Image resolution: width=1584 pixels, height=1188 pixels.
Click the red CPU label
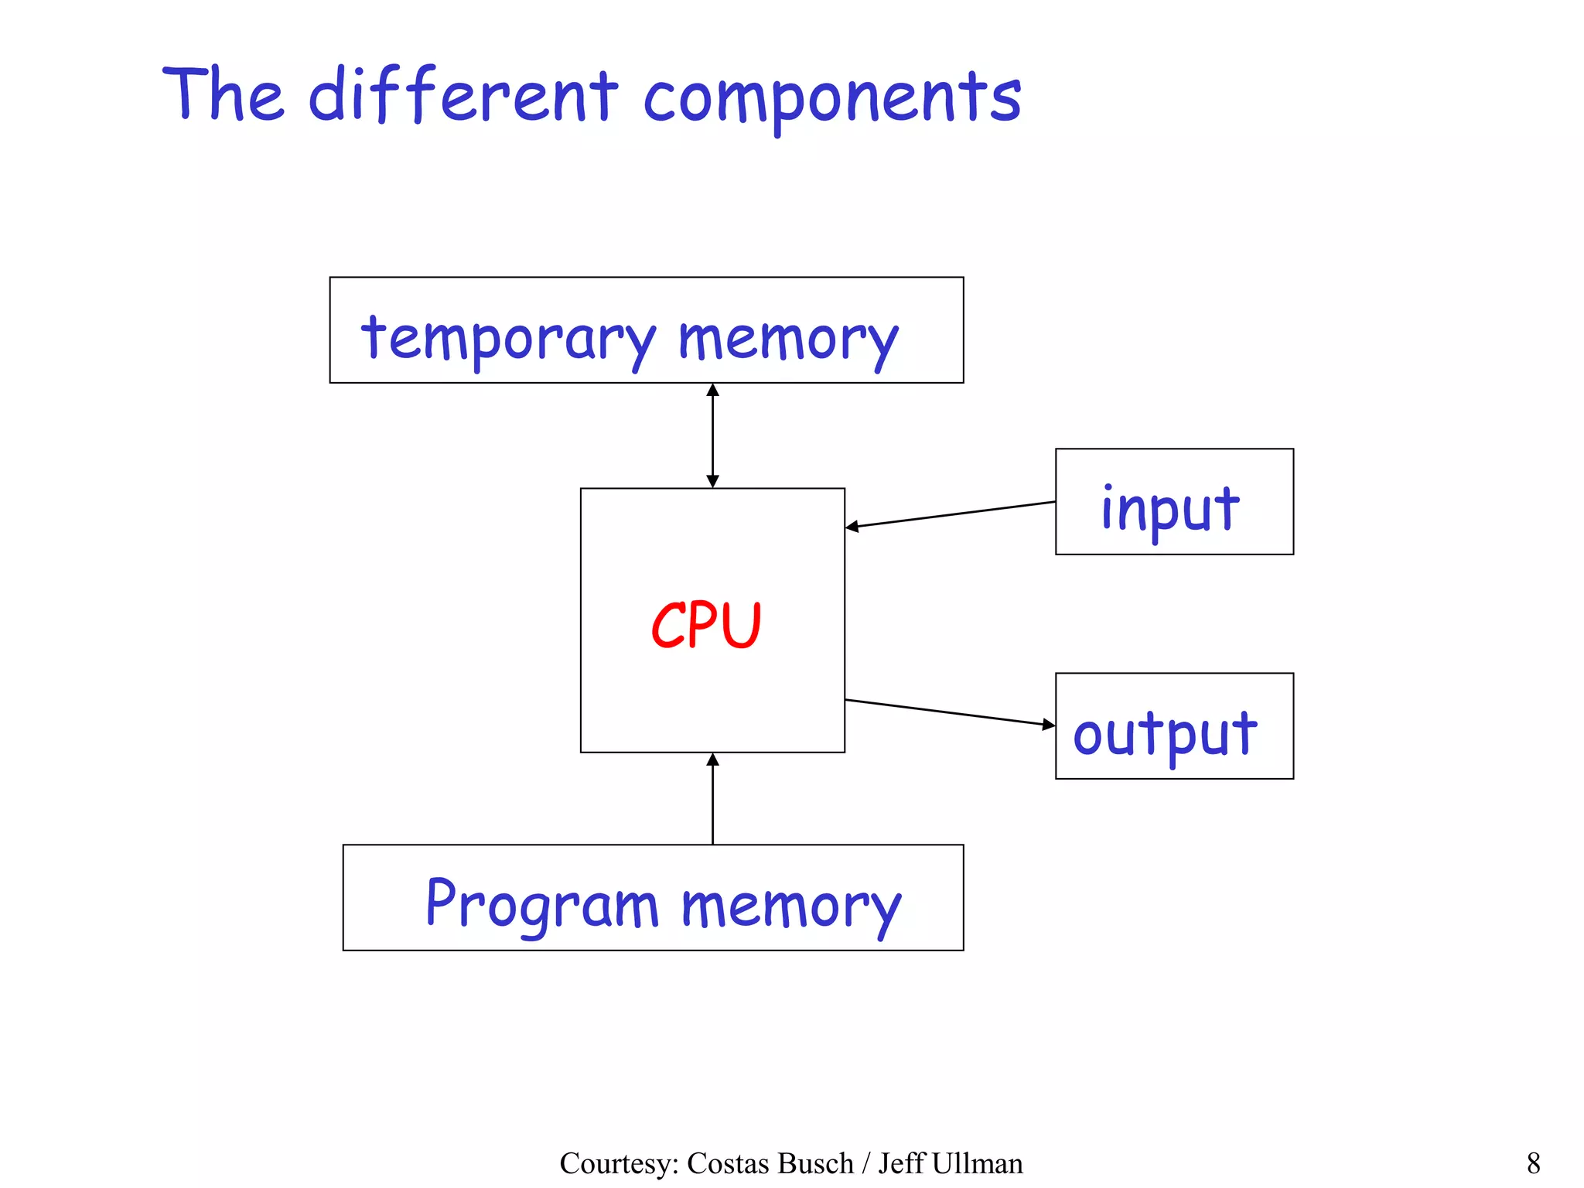click(x=706, y=625)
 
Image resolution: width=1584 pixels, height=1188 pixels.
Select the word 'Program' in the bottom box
click(x=541, y=905)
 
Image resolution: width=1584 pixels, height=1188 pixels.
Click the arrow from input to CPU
click(x=951, y=514)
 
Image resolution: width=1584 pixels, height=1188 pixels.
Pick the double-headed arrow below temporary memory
click(x=712, y=435)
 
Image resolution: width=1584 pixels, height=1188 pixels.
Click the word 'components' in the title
click(x=832, y=97)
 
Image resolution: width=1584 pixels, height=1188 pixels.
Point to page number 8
click(x=1533, y=1163)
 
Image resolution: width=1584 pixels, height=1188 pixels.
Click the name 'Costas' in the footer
click(x=731, y=1163)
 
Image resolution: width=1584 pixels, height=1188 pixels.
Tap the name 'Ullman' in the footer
click(x=977, y=1163)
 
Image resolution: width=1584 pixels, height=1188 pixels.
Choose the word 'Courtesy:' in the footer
click(x=619, y=1163)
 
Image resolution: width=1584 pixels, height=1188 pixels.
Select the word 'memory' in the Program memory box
click(x=790, y=906)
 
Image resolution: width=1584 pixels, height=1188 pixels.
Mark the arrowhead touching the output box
click(x=1049, y=725)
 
